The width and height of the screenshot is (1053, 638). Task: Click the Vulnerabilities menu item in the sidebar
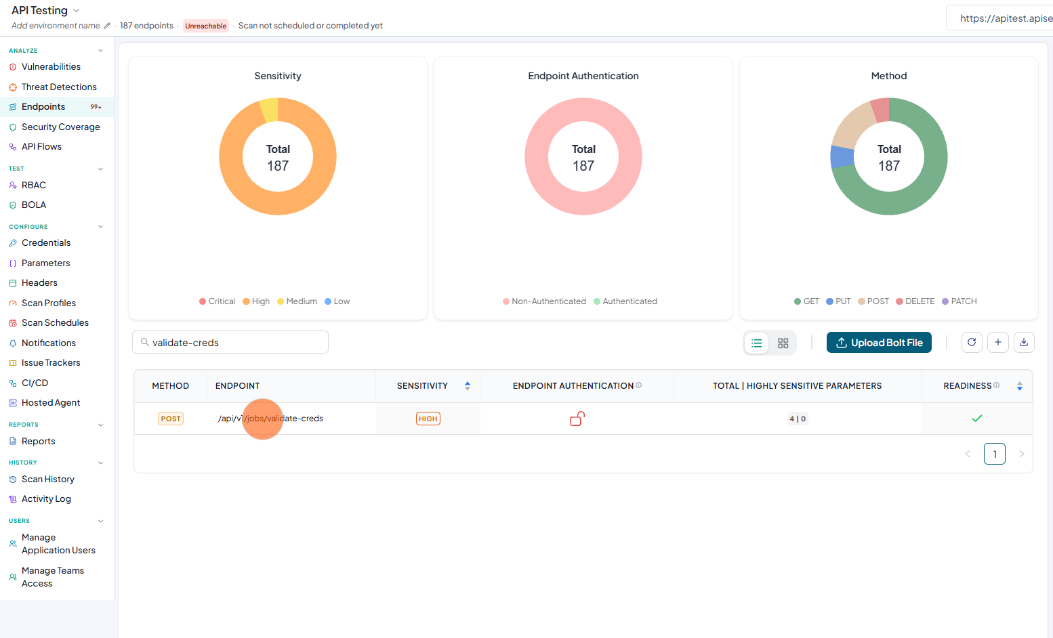coord(51,67)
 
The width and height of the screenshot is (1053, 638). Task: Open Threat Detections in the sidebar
coord(59,87)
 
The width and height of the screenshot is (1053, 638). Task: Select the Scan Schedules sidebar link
coord(55,323)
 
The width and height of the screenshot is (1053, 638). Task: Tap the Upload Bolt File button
coord(879,343)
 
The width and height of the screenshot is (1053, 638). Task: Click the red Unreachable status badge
coord(205,26)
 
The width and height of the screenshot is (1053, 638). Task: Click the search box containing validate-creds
coord(230,343)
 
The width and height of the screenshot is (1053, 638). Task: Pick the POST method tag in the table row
coord(170,419)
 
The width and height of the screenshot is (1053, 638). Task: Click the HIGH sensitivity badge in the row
coord(428,419)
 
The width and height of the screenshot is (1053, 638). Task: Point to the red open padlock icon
coord(577,419)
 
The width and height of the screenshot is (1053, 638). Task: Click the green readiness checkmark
coord(977,418)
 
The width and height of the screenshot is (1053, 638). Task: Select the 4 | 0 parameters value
coord(798,419)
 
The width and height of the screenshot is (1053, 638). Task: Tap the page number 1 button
coord(994,454)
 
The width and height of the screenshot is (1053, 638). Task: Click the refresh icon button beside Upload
coord(972,343)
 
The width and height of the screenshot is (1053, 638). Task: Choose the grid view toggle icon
coord(783,343)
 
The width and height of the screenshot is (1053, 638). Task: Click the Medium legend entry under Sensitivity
coord(297,301)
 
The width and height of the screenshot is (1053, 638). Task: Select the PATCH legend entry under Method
coord(959,301)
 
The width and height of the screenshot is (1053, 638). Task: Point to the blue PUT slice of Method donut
coord(842,157)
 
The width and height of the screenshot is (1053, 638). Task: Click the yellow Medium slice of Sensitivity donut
coord(270,110)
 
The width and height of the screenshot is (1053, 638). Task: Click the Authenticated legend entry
coord(625,301)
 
